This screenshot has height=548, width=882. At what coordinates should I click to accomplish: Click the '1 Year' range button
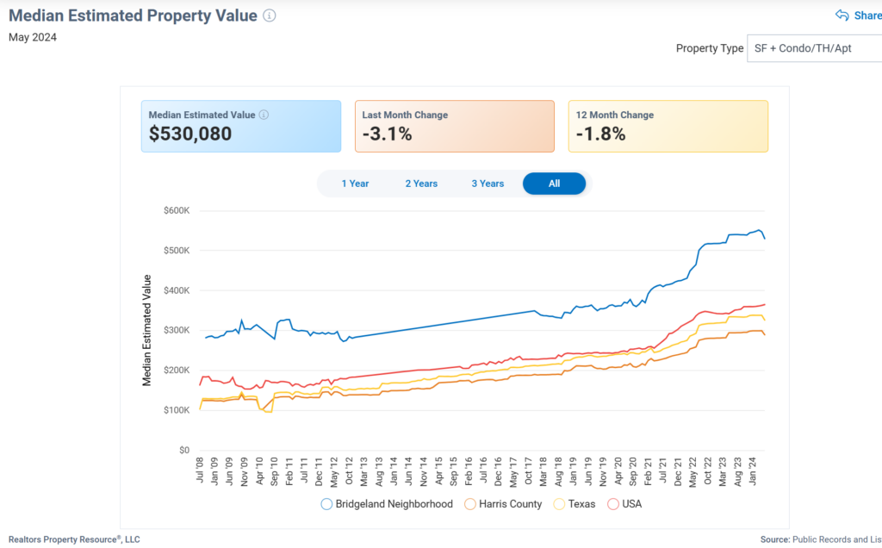(x=355, y=184)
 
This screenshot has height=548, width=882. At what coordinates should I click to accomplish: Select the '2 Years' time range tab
(x=421, y=184)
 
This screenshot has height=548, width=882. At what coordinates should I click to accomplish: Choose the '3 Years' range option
(x=488, y=184)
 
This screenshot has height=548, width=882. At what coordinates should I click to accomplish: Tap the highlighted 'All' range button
(x=554, y=184)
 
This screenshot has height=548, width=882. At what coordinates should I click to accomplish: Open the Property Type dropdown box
(x=815, y=48)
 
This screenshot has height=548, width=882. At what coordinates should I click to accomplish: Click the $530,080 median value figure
(x=190, y=134)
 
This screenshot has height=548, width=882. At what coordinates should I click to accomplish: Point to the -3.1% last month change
(x=387, y=134)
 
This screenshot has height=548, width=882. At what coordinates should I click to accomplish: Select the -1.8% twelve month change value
(x=600, y=134)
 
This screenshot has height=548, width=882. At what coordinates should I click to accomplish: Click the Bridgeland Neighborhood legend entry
(x=388, y=504)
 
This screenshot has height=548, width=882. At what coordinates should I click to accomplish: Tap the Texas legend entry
(x=575, y=504)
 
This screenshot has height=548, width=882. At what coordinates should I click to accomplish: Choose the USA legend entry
(x=625, y=504)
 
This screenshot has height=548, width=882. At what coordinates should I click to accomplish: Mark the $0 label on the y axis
(x=183, y=450)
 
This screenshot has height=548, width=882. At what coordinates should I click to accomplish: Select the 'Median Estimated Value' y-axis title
(x=147, y=330)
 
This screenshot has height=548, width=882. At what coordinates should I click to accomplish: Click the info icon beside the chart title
(x=270, y=16)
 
